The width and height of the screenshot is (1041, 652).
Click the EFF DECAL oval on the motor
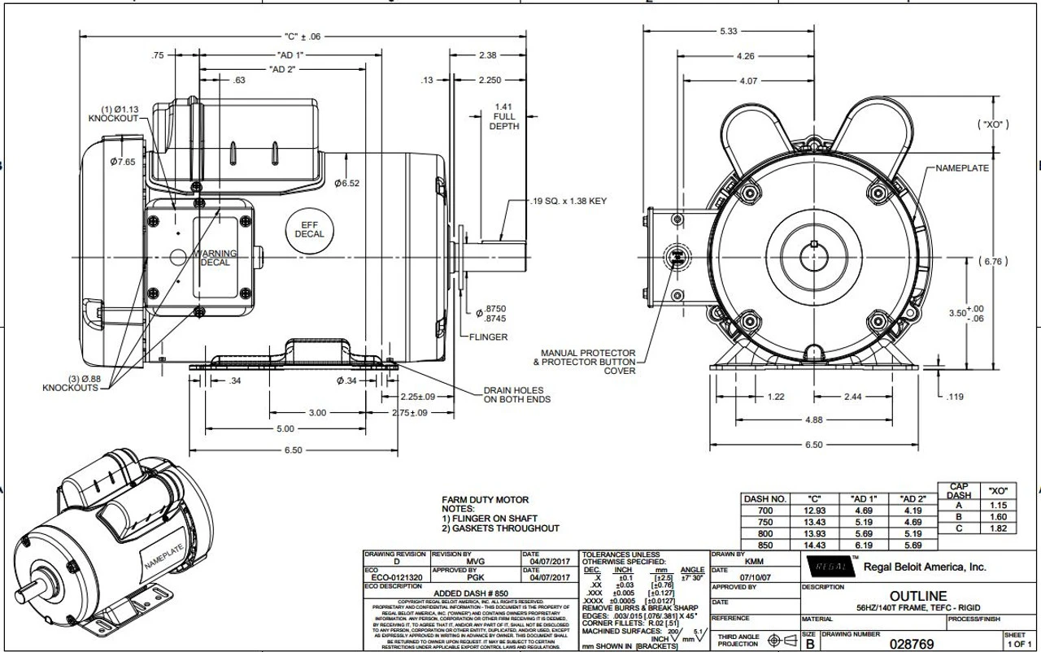coord(309,228)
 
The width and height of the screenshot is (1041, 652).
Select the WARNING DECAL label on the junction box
coord(215,258)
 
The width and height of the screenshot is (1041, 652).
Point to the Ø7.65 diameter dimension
coord(123,162)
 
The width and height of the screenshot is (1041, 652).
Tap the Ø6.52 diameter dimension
coord(346,183)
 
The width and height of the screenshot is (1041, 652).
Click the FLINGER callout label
coord(488,337)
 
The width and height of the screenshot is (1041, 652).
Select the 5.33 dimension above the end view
coord(728,31)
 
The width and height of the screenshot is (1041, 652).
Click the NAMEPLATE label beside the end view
coord(962,167)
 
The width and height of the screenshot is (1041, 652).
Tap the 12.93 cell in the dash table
coord(814,510)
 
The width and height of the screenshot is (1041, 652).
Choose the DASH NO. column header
coord(764,498)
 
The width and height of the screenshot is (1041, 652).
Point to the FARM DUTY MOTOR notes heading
coord(485,499)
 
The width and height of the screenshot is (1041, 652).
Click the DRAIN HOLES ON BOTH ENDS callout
coord(516,394)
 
